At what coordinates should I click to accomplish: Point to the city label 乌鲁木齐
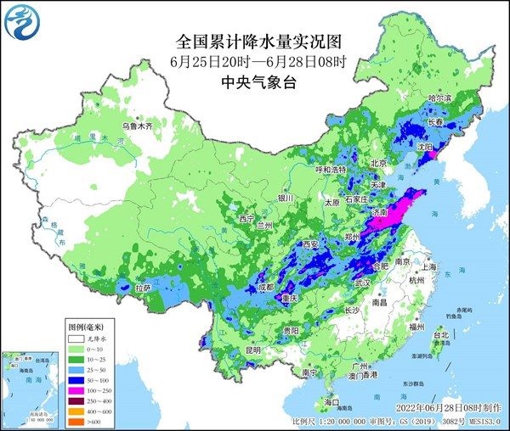point(136,126)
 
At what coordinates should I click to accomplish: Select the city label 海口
point(332,401)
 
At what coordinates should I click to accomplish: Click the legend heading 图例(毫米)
point(87,327)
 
